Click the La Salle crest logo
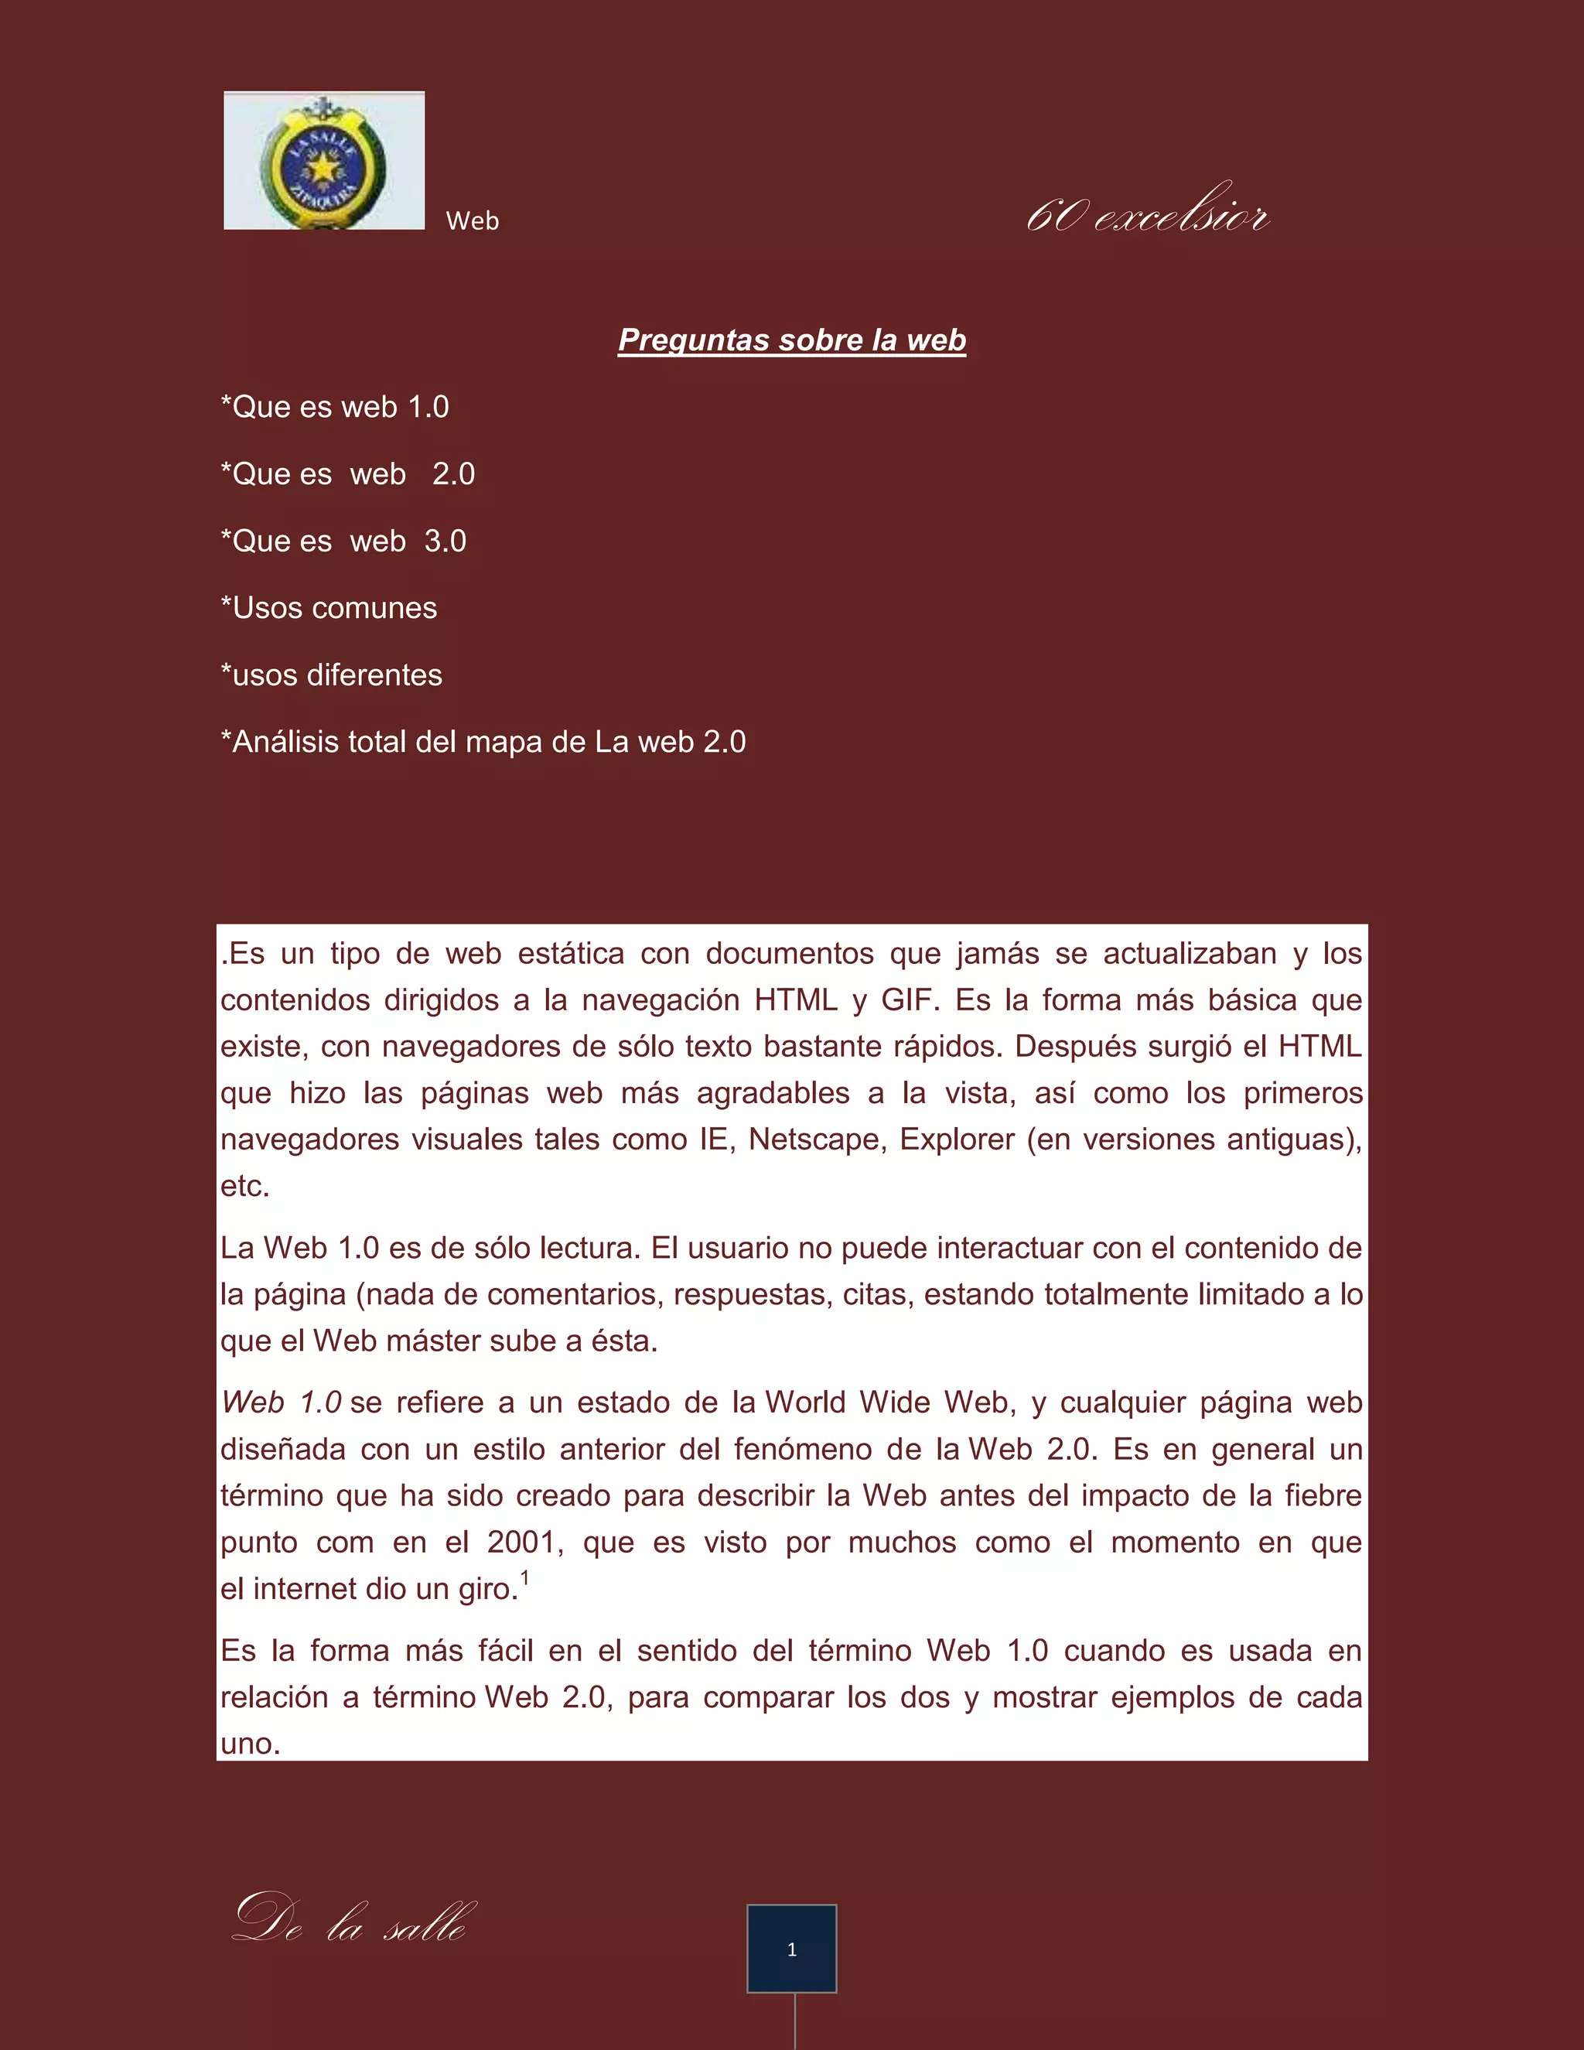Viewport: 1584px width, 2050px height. pos(324,160)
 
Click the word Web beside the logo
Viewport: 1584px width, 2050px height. pos(472,221)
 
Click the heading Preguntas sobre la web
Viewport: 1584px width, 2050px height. pos(792,340)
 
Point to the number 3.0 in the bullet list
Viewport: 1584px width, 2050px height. pos(445,542)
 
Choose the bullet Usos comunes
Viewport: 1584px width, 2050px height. pos(329,608)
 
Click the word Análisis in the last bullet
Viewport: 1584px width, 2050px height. pos(285,743)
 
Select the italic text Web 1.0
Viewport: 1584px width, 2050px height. pos(281,1403)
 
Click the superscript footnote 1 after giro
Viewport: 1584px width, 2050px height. pos(525,1578)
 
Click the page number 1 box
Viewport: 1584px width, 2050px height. pos(792,1949)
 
